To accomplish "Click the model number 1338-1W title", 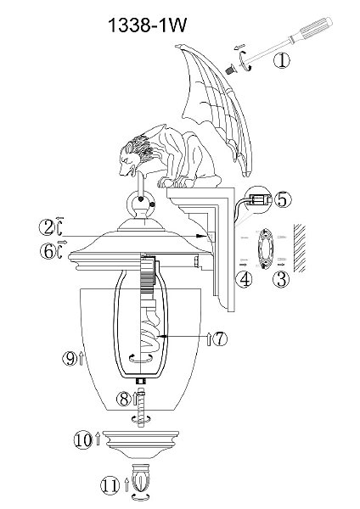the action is tap(148, 25).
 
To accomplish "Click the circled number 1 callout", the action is tap(281, 60).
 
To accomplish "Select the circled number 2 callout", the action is tap(48, 227).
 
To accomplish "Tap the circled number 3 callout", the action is tap(281, 279).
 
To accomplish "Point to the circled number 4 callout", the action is tap(244, 279).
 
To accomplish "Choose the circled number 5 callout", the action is tap(283, 199).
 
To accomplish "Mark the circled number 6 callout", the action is tap(48, 252).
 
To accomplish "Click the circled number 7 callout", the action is tap(220, 339).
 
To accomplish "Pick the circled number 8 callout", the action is tap(125, 399).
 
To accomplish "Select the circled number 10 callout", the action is tap(83, 440).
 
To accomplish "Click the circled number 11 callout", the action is tap(110, 486).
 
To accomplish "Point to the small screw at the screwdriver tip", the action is tap(231, 70).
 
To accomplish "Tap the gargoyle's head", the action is tap(136, 155).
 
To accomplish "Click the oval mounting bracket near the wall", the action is tap(266, 249).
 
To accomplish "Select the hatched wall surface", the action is tap(299, 248).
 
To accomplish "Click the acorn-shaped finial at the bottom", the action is tap(140, 478).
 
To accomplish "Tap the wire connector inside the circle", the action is tap(259, 199).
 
